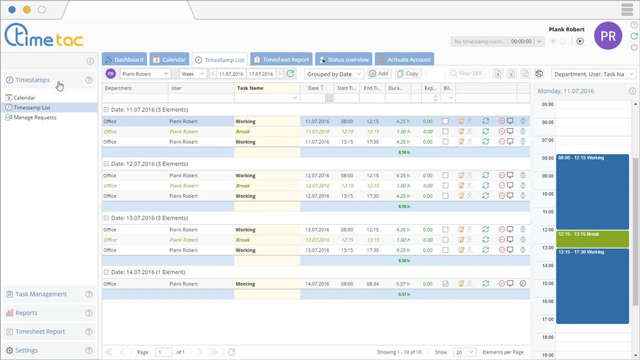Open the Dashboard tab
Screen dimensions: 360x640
tap(124, 59)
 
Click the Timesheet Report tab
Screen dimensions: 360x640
tap(281, 59)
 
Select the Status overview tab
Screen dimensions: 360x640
tap(344, 59)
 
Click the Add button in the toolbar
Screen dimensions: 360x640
tap(379, 74)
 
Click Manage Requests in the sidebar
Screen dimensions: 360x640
tap(35, 118)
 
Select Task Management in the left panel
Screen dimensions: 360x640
tap(41, 294)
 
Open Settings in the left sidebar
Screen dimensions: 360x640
tap(26, 350)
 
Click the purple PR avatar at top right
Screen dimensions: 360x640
tap(607, 35)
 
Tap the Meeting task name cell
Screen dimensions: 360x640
tap(246, 284)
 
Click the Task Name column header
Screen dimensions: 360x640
tap(251, 88)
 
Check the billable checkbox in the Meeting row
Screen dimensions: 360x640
tap(445, 284)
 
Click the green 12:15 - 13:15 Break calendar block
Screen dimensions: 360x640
tap(592, 238)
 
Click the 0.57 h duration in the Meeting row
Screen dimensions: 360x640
tap(403, 284)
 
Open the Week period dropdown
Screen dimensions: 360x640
tap(193, 74)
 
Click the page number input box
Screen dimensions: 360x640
tap(164, 352)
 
